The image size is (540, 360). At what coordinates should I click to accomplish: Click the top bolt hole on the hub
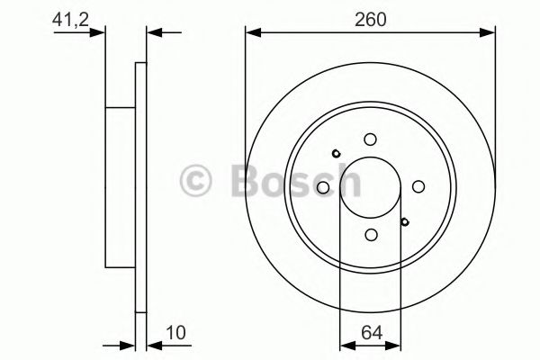370,139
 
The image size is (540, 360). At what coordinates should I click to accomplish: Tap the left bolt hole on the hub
322,186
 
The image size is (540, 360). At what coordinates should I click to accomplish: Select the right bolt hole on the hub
418,186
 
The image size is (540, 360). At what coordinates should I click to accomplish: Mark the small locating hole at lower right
404,221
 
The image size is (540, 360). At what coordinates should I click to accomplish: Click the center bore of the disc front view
370,186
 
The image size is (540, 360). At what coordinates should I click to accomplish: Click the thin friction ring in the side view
139,186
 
